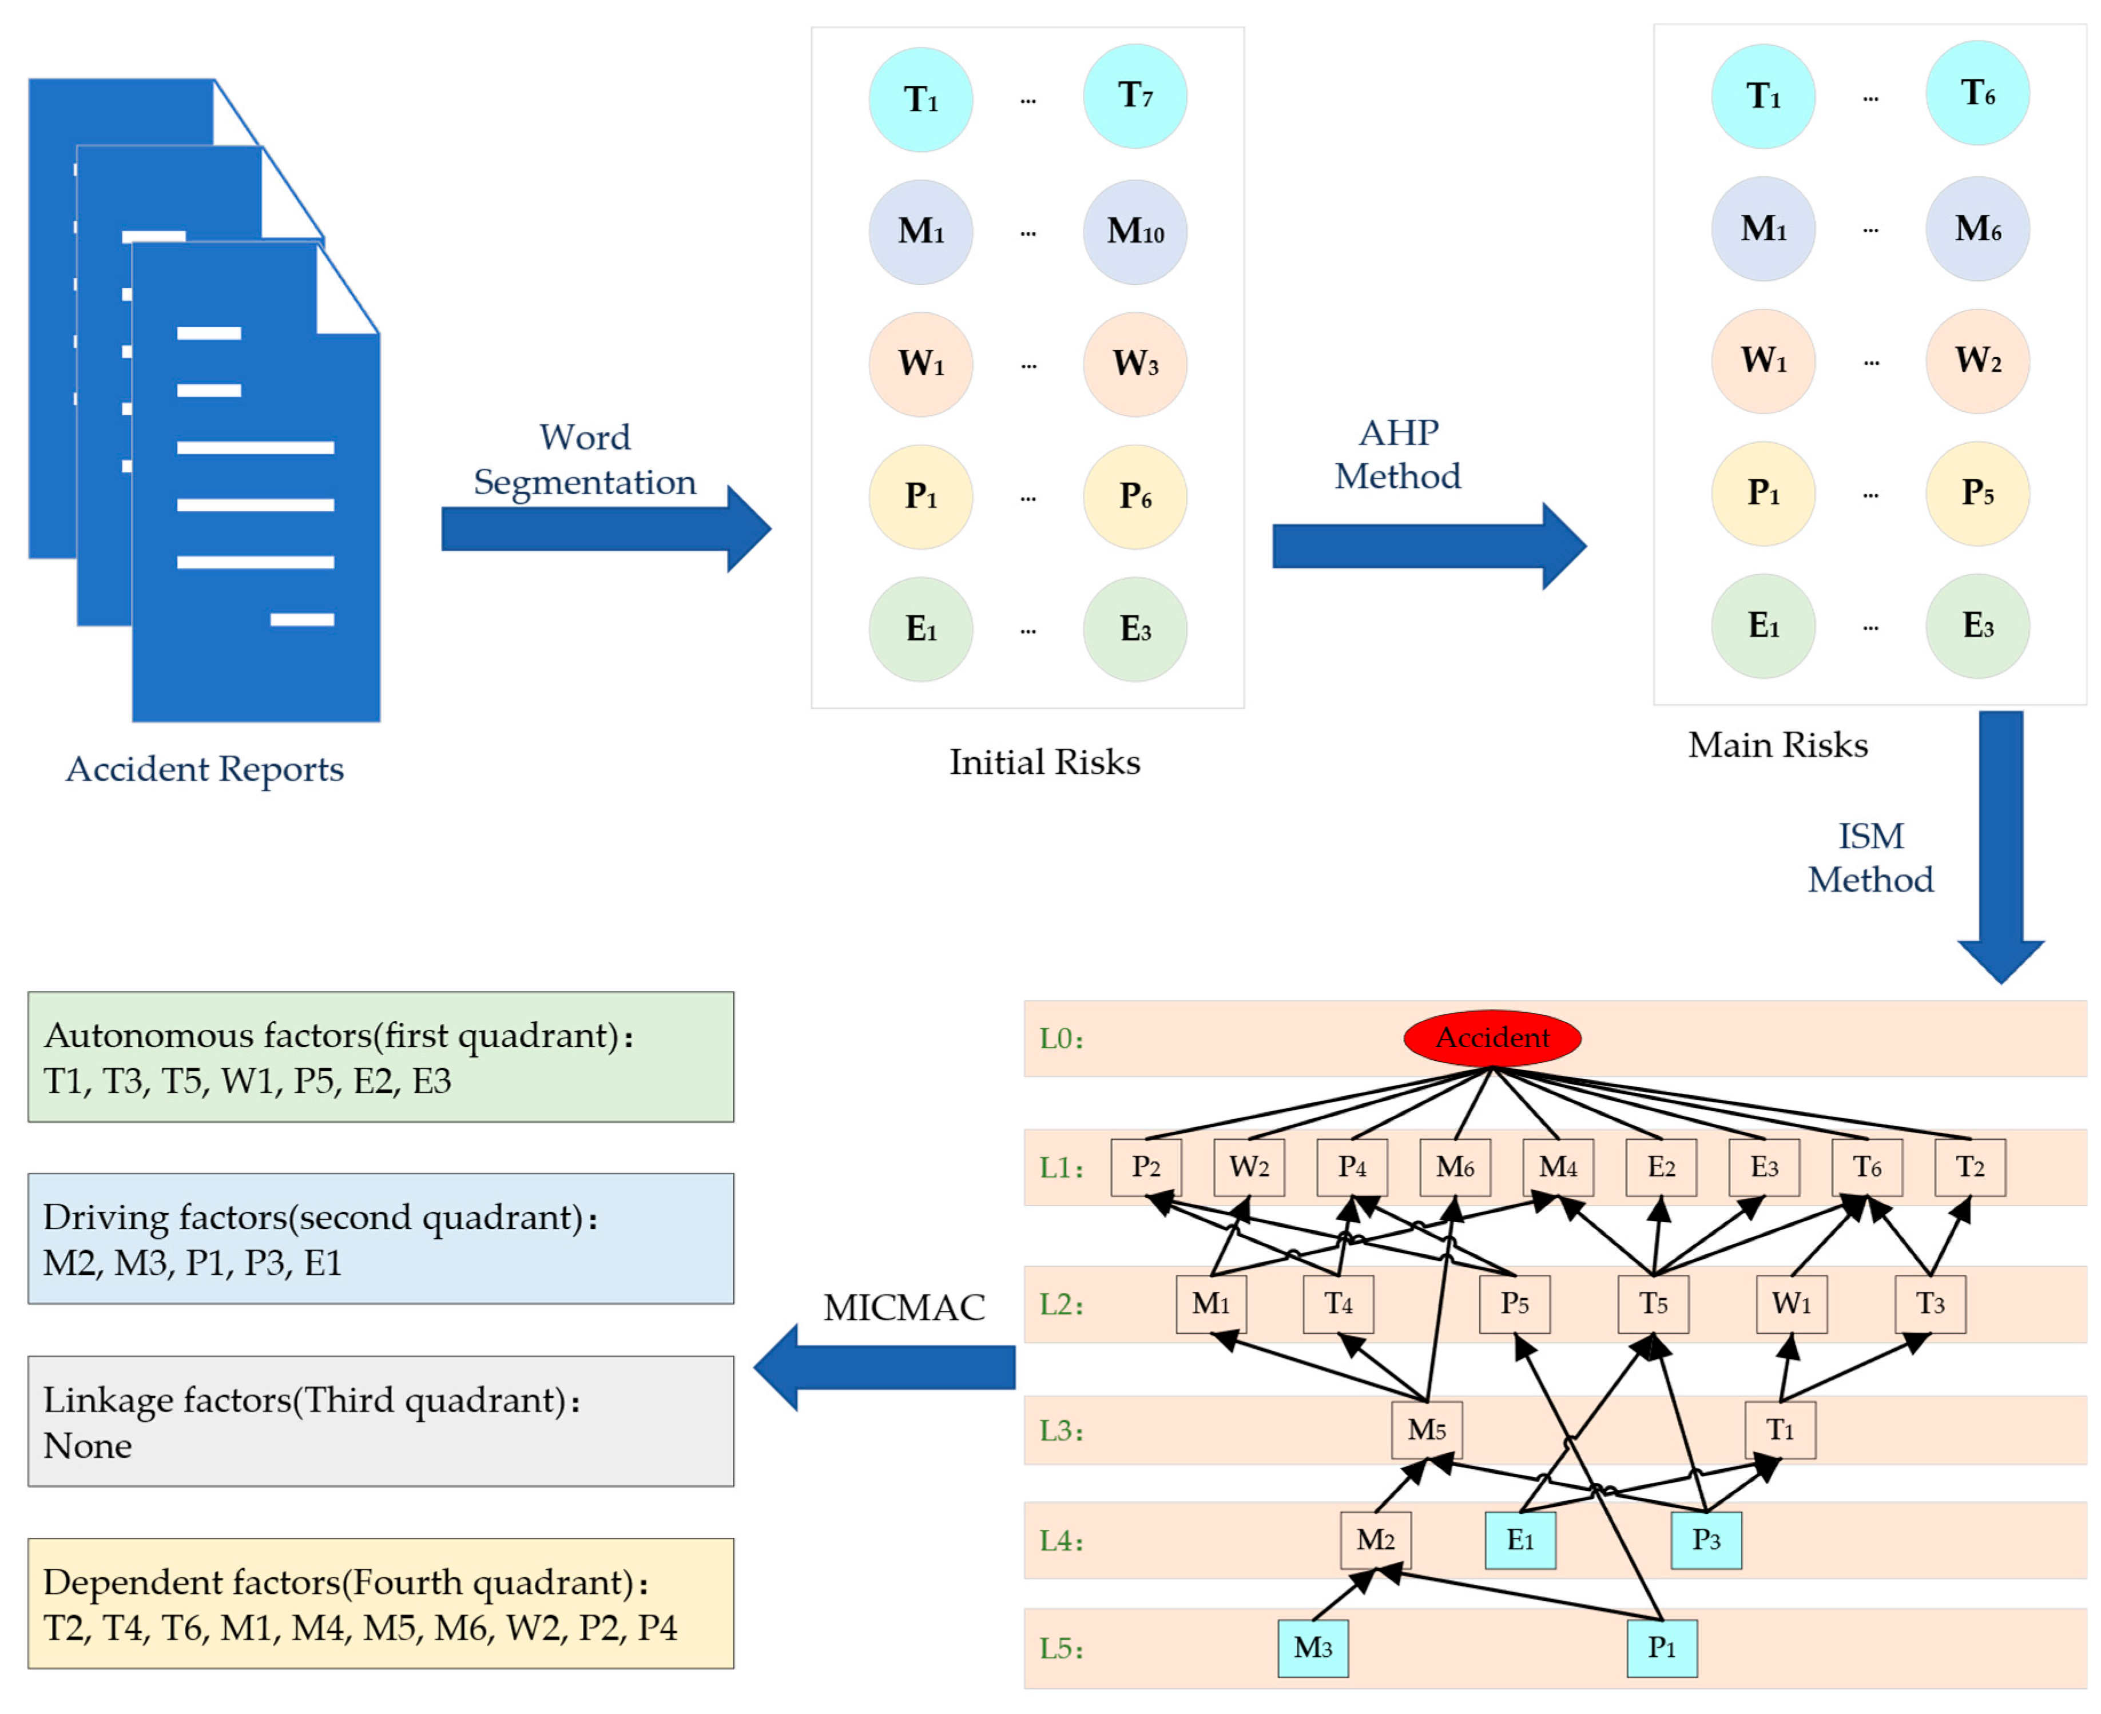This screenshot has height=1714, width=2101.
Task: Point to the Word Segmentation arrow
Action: [606, 528]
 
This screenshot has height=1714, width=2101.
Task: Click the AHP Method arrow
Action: [1429, 546]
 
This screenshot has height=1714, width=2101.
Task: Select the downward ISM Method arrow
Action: [2000, 847]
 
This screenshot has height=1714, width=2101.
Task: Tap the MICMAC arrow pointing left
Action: [885, 1367]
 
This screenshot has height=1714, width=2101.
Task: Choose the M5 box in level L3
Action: [1427, 1430]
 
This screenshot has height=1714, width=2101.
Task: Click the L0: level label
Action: [1061, 1039]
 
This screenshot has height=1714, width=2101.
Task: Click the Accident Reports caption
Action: [204, 769]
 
